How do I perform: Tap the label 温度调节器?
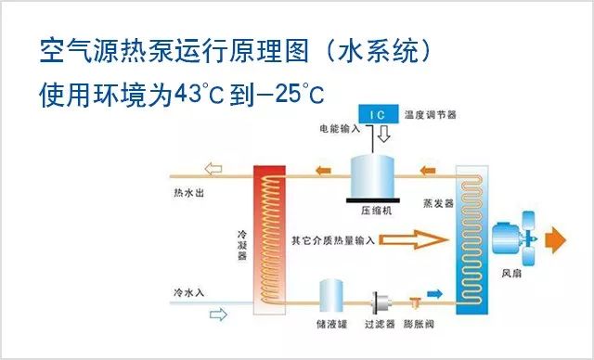coord(432,115)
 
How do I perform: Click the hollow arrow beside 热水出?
coord(214,170)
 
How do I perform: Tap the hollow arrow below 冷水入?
coord(218,315)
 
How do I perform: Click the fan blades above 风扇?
coord(529,236)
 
